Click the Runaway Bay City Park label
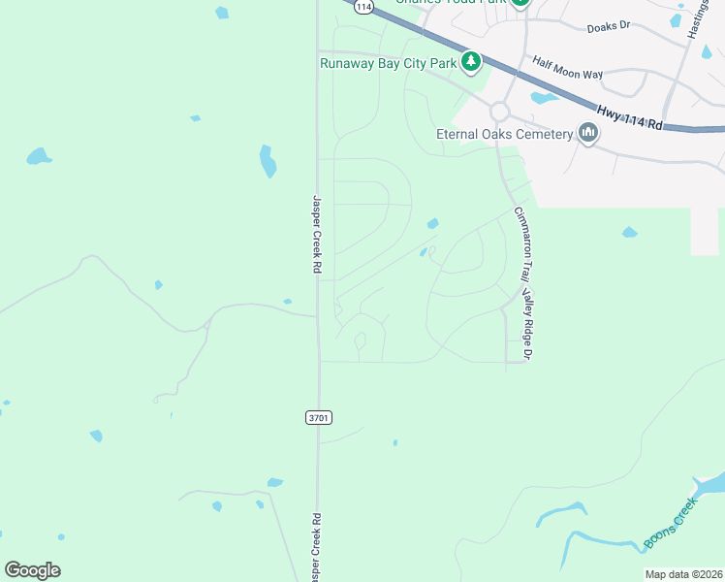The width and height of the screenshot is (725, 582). click(388, 64)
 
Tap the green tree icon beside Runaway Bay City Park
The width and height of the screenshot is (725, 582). click(471, 63)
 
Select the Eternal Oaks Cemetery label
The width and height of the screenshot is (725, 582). click(504, 134)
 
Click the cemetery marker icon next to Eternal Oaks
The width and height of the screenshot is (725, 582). click(588, 133)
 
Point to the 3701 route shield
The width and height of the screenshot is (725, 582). click(319, 417)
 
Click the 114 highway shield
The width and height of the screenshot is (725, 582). click(362, 6)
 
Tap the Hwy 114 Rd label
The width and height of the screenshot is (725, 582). click(629, 118)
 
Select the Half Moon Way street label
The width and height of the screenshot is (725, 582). click(567, 67)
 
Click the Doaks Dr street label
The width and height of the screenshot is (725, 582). click(609, 28)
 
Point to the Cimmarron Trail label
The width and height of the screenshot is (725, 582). click(522, 242)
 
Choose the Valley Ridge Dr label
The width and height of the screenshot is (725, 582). click(529, 325)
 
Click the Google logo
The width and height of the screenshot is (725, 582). click(32, 570)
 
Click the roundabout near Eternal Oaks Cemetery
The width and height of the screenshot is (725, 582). click(499, 112)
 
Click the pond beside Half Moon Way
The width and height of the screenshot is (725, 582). click(544, 98)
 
